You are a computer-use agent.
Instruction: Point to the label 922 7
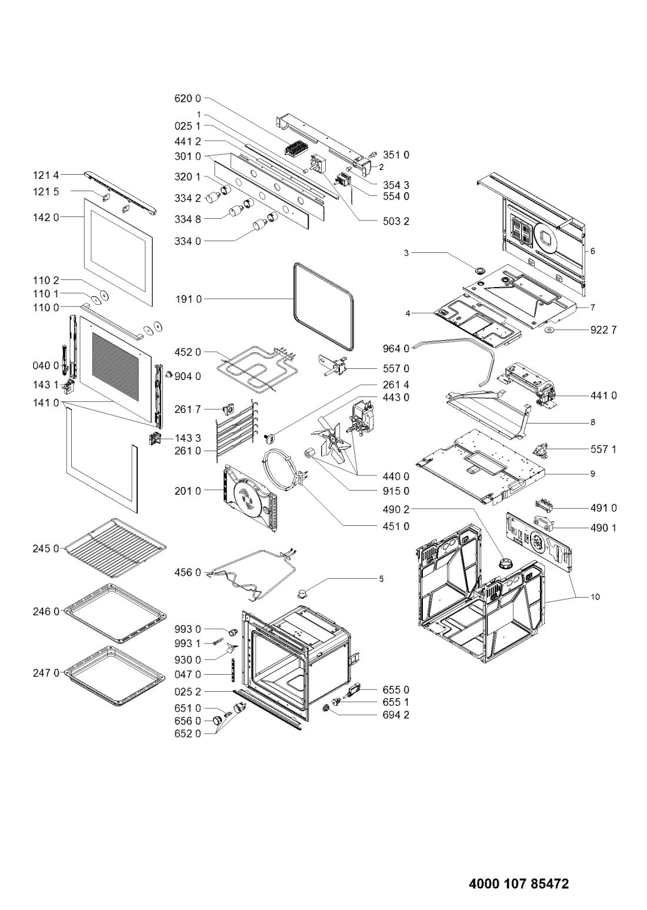tap(604, 330)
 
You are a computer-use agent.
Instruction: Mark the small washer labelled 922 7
tap(552, 331)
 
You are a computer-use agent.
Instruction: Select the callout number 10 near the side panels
tap(595, 596)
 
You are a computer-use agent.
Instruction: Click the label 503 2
tap(396, 222)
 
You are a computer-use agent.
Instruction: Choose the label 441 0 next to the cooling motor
tap(604, 396)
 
